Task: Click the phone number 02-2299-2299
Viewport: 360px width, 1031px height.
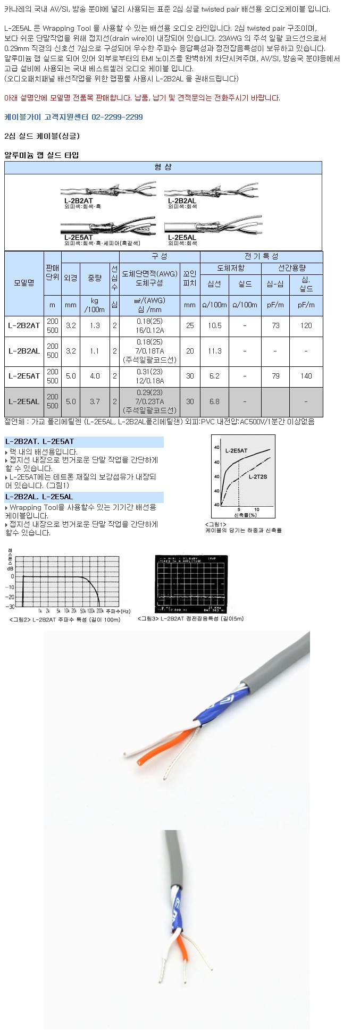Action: pos(117,117)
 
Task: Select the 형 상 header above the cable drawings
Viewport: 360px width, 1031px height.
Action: pos(163,167)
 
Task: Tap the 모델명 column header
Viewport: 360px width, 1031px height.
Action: pos(24,283)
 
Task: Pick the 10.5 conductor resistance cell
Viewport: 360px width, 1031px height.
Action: pos(214,325)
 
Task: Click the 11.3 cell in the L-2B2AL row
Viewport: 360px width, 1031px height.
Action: pos(214,351)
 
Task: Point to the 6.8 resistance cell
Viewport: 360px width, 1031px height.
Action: pos(214,401)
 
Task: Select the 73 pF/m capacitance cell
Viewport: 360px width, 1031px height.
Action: pos(275,325)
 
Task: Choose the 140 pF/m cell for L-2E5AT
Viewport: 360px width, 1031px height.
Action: pos(306,376)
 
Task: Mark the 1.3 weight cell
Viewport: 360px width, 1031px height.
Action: pos(95,325)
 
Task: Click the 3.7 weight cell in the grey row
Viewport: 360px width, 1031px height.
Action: pos(95,401)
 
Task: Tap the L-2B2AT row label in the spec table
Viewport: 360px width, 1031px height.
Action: pos(24,325)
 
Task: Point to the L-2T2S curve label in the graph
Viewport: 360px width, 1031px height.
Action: pos(258,477)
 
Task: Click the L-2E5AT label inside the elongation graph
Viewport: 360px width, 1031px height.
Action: pos(236,451)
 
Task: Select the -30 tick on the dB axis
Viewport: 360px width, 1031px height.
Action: pos(10,606)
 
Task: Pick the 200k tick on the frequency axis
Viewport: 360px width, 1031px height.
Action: pos(100,611)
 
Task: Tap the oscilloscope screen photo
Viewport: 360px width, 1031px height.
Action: pos(191,584)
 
